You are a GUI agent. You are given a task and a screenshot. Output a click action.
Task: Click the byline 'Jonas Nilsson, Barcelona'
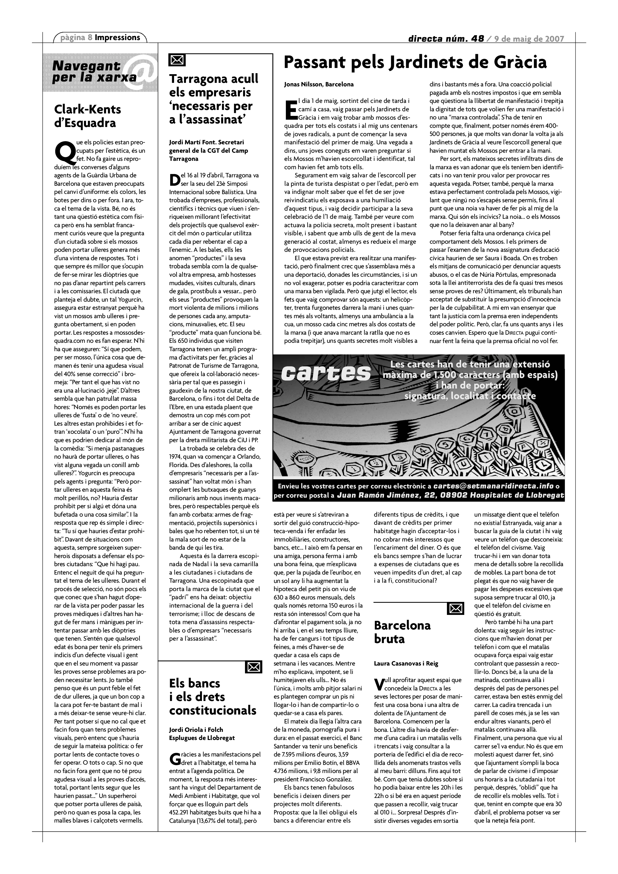coord(319,84)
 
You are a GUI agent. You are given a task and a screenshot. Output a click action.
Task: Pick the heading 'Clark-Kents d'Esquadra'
coord(87,116)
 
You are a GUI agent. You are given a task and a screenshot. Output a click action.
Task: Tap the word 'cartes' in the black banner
coord(326,373)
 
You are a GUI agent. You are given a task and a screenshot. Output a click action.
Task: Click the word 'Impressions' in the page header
coord(117,38)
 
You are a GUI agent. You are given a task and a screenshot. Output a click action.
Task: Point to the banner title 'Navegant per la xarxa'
coord(94,71)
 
